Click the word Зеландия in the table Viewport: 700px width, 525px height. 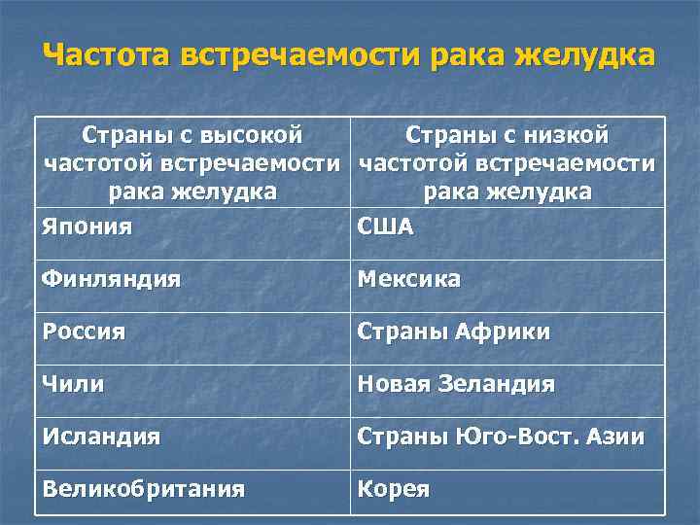coord(502,384)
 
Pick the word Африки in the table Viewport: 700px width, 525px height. coord(507,332)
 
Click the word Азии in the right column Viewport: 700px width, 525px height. coord(616,437)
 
